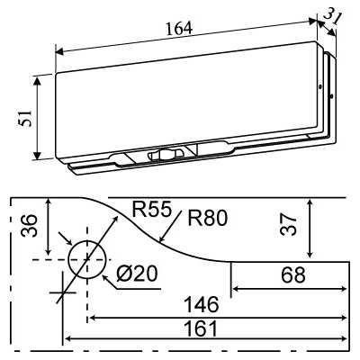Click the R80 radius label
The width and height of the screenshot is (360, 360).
pos(208,217)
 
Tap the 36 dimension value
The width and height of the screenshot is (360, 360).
pos(28,226)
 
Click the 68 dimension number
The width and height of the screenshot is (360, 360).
pos(292,274)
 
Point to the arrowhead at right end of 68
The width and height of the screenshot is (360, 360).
pos(344,289)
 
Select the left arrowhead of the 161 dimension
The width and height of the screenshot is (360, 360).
pos(67,340)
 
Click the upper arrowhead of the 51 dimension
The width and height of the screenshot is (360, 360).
pos(37,80)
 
